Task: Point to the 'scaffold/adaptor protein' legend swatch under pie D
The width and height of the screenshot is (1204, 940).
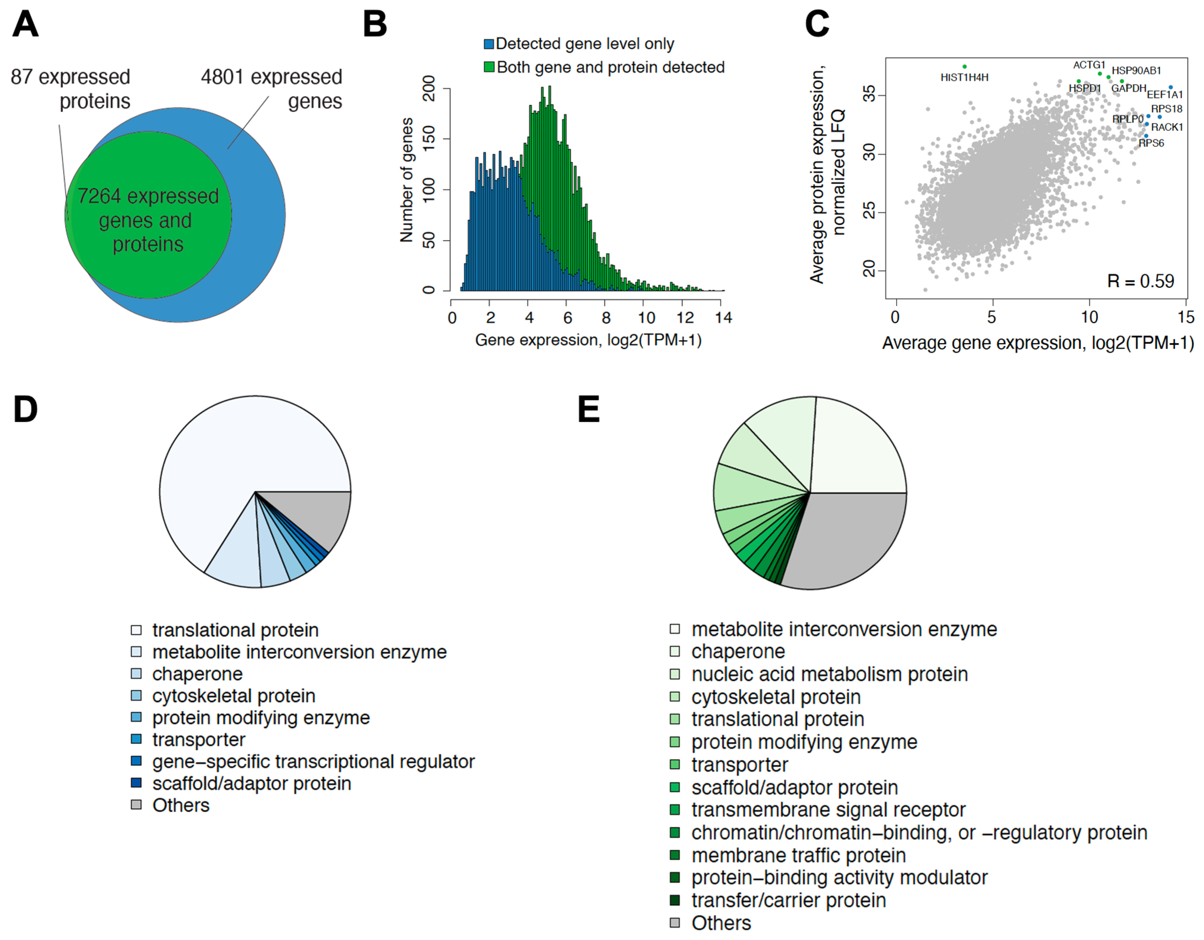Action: (x=136, y=783)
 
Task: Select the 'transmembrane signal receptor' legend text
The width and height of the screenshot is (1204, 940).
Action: (x=828, y=810)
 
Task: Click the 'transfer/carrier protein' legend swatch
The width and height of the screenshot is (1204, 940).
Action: (x=675, y=900)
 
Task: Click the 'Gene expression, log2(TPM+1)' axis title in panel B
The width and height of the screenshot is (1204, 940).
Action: (x=588, y=340)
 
